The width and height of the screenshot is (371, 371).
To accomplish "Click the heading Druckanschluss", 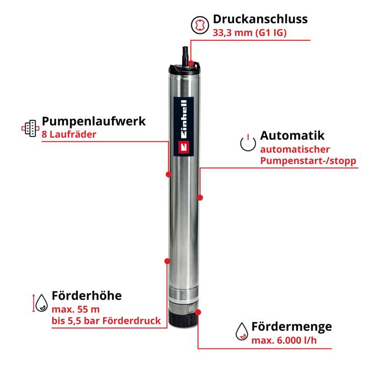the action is (260, 19).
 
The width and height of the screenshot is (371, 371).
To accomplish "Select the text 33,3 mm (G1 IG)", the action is (249, 33).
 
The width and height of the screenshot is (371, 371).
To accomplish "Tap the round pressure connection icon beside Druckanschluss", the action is (200, 25).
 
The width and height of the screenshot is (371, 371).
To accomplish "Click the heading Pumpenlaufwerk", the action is (94, 122).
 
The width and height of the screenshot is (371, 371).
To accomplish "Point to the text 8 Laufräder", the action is (69, 134).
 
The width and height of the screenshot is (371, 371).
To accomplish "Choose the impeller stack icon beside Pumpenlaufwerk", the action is (31, 129).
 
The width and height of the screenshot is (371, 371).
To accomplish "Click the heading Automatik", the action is (292, 135).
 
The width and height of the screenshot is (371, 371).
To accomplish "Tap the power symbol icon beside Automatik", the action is (248, 142).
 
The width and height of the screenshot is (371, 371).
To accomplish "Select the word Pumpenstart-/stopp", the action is (308, 161).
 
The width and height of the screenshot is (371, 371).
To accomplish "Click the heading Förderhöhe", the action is (87, 296).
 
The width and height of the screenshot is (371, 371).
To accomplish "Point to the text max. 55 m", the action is (75, 309).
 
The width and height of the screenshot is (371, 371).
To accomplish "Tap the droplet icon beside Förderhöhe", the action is (41, 303).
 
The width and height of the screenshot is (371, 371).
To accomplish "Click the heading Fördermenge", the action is (291, 326).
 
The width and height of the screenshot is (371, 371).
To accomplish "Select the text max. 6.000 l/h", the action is (284, 340).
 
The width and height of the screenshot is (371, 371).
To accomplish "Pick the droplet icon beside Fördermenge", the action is (242, 331).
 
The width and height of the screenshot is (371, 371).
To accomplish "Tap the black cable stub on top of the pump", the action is (185, 53).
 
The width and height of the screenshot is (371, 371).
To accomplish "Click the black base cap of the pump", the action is (183, 320).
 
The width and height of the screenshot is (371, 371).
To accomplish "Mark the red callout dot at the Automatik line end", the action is (200, 197).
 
